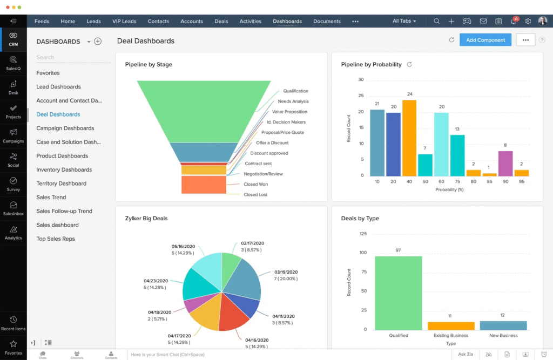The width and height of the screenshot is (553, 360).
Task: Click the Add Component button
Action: (x=485, y=40)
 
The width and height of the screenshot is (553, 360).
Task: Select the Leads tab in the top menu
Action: (x=93, y=22)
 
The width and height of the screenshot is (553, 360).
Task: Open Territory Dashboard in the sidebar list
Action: (x=61, y=184)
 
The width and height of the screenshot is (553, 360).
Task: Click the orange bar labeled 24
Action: (x=409, y=138)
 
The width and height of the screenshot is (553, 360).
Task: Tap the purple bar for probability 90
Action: (x=505, y=164)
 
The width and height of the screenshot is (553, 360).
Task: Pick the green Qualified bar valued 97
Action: (x=399, y=293)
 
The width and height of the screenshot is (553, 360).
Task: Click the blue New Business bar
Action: (x=503, y=325)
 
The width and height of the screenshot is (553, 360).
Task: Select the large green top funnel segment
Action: (x=204, y=111)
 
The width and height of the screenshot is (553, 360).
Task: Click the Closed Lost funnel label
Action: (x=255, y=194)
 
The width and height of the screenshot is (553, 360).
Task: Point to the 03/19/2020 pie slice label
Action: (x=286, y=275)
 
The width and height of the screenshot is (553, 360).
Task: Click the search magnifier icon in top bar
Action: (x=436, y=22)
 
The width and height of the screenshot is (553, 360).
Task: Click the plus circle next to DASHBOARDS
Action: (x=98, y=42)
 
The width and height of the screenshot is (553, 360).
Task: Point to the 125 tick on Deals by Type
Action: (x=363, y=234)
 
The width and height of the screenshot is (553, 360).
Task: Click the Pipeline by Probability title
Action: (x=372, y=65)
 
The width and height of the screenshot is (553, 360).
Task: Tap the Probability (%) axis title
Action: (x=450, y=189)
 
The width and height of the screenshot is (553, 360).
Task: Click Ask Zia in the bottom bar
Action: (x=465, y=354)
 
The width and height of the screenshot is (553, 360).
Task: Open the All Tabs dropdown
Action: (x=404, y=22)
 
